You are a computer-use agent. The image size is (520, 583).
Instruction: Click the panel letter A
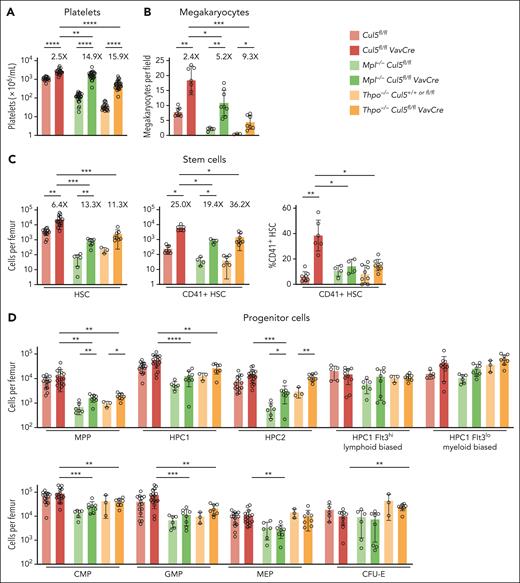point(7,9)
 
